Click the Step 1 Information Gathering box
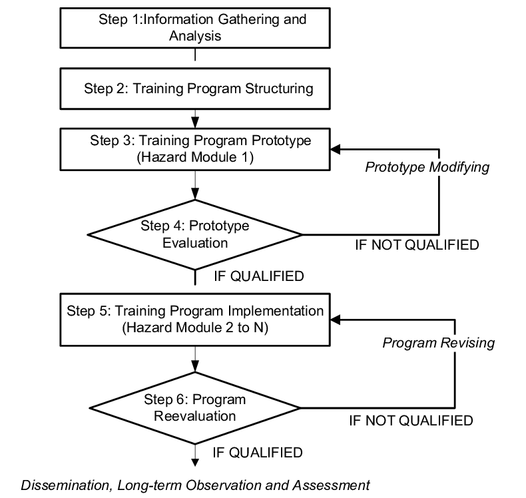[194, 27]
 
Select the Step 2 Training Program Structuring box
[194, 88]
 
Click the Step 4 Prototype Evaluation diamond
[194, 234]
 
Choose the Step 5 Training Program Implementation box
[194, 320]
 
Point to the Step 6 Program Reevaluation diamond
[194, 407]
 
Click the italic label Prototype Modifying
[427, 167]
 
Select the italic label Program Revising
[437, 343]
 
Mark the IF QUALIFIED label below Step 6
[257, 453]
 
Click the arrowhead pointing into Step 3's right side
[336, 149]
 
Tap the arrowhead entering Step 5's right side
[336, 320]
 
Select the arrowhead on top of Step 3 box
[194, 124]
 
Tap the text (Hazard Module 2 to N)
[194, 328]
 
